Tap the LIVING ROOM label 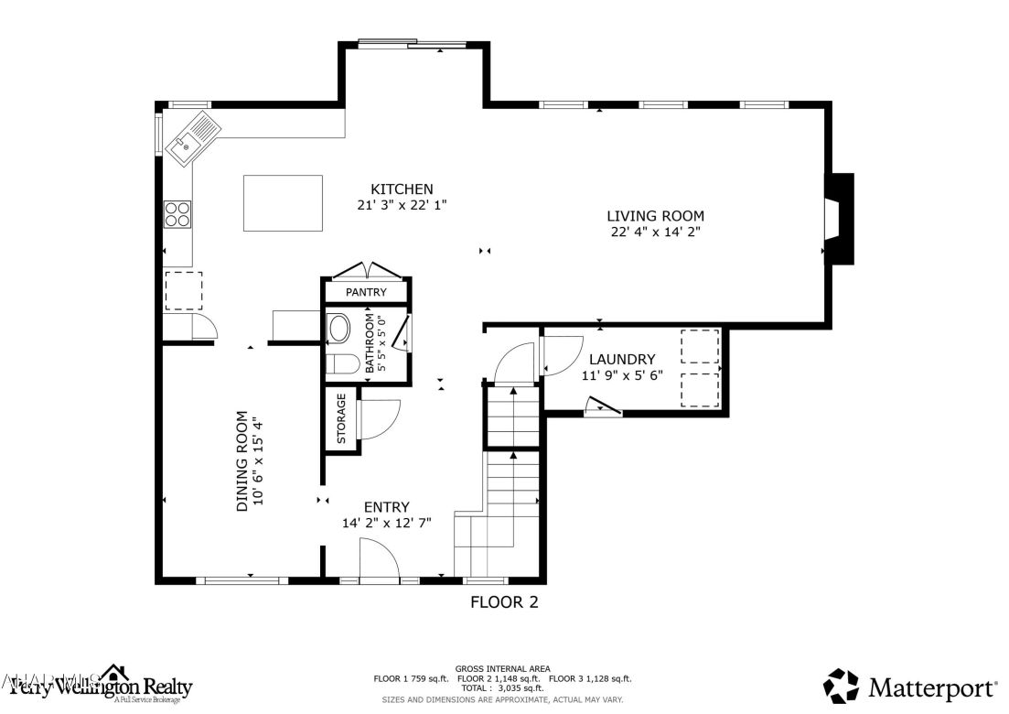tap(655, 216)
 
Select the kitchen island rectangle tap(283, 203)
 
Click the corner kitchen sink tap(193, 138)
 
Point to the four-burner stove tap(177, 214)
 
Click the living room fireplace tap(838, 219)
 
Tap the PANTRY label tap(366, 292)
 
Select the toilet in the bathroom tap(343, 363)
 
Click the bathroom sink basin tap(340, 329)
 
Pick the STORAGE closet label tap(341, 419)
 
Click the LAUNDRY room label tap(622, 359)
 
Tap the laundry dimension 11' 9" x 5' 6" tap(622, 375)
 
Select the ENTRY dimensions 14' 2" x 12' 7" tap(386, 523)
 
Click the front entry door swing tap(378, 558)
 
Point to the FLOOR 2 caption tap(504, 602)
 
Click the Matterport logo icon tap(841, 686)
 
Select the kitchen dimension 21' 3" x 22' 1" tap(402, 206)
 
